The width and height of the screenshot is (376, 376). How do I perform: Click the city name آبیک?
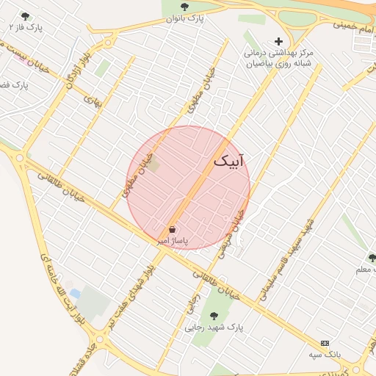point(230,161)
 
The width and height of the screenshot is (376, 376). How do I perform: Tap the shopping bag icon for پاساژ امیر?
point(172,230)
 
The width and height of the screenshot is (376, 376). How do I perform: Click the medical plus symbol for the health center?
point(278,41)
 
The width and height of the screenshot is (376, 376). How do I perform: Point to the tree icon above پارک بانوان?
point(184,7)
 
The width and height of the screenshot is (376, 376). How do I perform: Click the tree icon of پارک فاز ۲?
point(26,16)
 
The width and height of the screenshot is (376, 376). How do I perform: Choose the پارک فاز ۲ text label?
point(26,27)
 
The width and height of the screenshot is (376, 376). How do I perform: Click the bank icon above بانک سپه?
point(325,343)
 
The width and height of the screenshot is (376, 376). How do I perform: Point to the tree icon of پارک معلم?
point(372,258)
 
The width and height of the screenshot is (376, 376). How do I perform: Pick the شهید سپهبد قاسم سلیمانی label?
point(284,259)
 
